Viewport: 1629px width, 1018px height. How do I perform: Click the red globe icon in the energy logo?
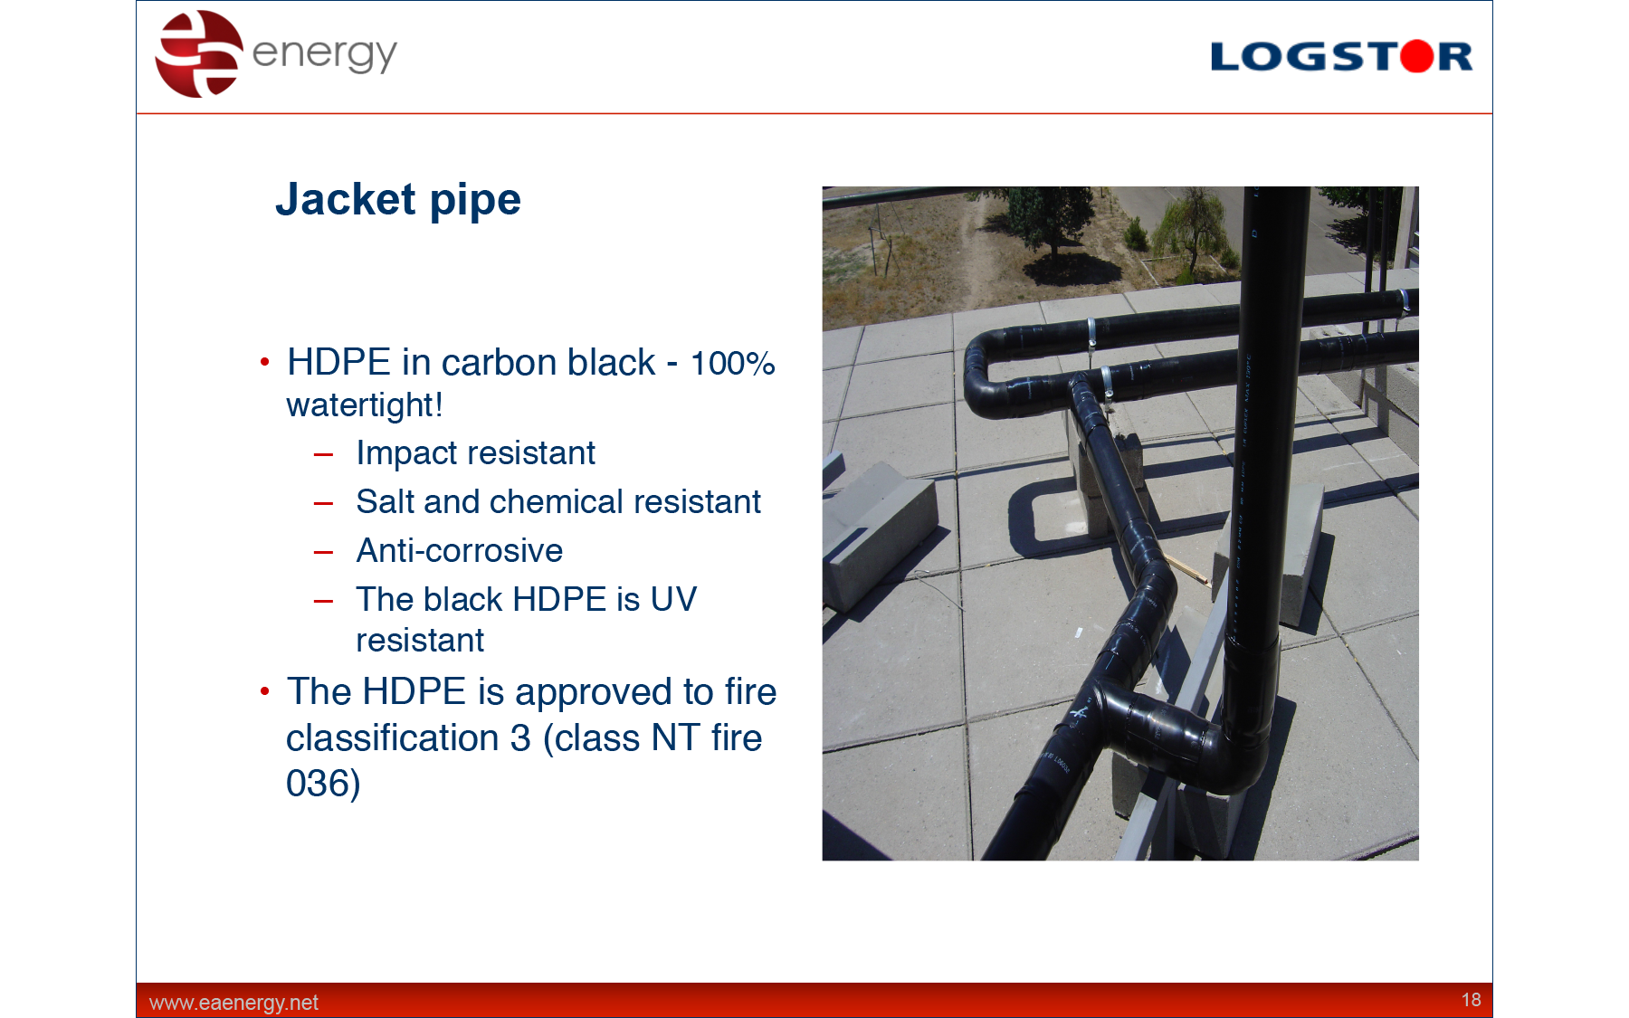pyautogui.click(x=199, y=53)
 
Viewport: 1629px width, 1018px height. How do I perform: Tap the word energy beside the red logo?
pyautogui.click(x=324, y=54)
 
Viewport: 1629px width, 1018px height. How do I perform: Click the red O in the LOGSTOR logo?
pyautogui.click(x=1417, y=56)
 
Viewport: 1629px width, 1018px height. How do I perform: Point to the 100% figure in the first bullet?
pyautogui.click(x=732, y=364)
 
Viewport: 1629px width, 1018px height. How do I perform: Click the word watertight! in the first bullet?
pyautogui.click(x=365, y=405)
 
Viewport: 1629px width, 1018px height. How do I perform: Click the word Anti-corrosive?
pyautogui.click(x=460, y=550)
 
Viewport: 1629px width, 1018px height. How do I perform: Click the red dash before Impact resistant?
pyautogui.click(x=323, y=454)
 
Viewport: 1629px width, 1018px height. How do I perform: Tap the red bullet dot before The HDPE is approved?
pyautogui.click(x=264, y=691)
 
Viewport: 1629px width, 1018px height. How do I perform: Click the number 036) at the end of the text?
pyautogui.click(x=323, y=784)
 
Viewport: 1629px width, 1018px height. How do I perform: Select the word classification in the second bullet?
pyautogui.click(x=392, y=738)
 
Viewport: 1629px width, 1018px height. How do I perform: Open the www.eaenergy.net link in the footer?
pyautogui.click(x=233, y=1003)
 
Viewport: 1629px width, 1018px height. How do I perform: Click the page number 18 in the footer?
pyautogui.click(x=1471, y=1000)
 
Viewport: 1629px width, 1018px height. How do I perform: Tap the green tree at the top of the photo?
pyautogui.click(x=1050, y=222)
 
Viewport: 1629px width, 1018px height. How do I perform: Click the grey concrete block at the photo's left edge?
pyautogui.click(x=878, y=534)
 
